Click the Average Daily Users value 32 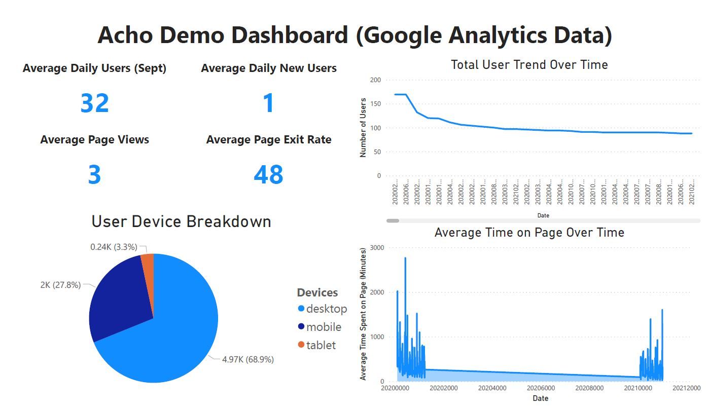(95, 103)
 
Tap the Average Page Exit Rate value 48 (268, 174)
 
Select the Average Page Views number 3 (95, 174)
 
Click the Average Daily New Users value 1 (268, 103)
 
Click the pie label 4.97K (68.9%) (247, 359)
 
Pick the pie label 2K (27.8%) (60, 285)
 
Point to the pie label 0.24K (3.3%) (114, 247)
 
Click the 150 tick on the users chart (375, 104)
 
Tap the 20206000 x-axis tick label (541, 388)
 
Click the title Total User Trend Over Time (529, 65)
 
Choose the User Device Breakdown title (181, 221)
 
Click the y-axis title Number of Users (363, 127)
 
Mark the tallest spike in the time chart (405, 259)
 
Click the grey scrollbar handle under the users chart (393, 220)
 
